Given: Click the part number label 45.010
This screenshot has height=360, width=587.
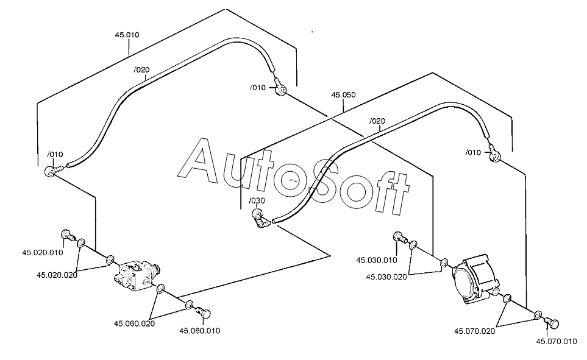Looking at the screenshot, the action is [127, 35].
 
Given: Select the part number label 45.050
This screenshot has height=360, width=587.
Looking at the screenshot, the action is [343, 94].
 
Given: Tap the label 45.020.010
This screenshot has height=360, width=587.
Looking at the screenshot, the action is [43, 253].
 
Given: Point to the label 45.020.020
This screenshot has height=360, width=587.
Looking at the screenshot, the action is [57, 275].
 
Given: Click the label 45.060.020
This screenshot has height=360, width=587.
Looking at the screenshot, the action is [134, 323].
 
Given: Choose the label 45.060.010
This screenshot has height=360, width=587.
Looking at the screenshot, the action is [200, 331].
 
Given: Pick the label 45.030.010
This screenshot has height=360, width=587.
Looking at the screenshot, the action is [377, 260].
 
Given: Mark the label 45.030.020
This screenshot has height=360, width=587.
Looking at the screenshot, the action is [386, 277].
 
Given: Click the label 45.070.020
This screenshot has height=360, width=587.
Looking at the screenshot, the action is [475, 331].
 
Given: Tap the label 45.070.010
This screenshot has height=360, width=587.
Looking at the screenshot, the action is [557, 341].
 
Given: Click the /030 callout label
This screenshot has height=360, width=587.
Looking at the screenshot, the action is [257, 200].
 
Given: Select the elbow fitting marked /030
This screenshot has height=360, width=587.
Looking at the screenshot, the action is [260, 219].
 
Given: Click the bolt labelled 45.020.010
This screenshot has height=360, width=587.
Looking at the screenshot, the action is [68, 235].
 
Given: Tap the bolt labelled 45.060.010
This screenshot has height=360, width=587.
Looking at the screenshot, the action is [203, 312].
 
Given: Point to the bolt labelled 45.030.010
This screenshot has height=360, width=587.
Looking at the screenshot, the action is [400, 237].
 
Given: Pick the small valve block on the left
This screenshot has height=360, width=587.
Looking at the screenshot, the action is [137, 276].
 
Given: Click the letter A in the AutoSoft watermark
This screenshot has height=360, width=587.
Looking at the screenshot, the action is [202, 159].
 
